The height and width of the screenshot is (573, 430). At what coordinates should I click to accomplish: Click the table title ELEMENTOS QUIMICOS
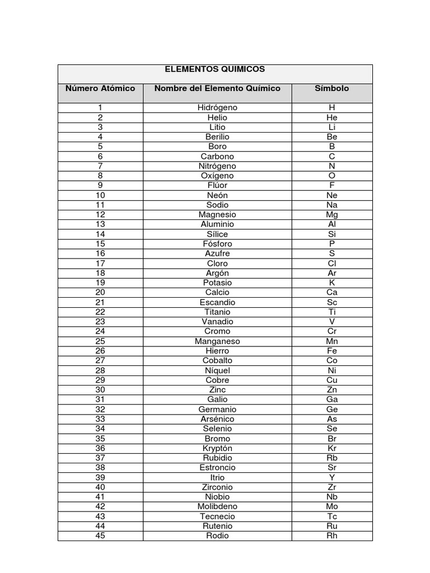pos(214,69)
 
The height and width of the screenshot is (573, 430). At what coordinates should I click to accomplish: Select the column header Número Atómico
pos(100,88)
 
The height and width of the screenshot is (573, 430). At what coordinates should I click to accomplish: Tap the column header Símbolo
pos(331,88)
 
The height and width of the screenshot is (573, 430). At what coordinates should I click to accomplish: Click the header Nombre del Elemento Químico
pos(217,88)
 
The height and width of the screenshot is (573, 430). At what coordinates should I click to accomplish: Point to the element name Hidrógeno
pos(217,107)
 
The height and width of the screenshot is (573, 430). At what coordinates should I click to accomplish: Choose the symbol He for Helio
pos(332,118)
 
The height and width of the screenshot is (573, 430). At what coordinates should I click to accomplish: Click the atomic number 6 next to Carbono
pos(100,156)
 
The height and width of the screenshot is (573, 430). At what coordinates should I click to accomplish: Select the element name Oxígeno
pos(217,176)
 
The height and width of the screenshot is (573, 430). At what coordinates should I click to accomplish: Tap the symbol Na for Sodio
pos(332,205)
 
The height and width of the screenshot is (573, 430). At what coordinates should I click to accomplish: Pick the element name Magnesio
pos(217,214)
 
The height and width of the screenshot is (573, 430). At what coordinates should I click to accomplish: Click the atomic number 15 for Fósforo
pos(100,243)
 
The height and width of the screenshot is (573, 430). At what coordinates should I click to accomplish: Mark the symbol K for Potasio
pos(332,283)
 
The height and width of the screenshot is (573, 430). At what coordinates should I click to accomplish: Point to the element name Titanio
pos(217,312)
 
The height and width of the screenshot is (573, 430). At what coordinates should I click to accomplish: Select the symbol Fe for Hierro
pos(332,351)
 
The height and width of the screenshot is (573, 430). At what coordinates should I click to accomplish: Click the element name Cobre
pos(217,380)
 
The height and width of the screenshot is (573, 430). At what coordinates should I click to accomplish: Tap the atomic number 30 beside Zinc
pos(100,389)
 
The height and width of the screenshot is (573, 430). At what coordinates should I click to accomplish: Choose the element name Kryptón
pos(217,448)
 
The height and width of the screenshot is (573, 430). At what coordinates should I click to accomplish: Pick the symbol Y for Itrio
pos(332,477)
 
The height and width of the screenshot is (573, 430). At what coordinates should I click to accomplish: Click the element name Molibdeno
pos(217,506)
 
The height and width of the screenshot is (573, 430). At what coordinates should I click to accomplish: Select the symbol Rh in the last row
pos(332,536)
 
